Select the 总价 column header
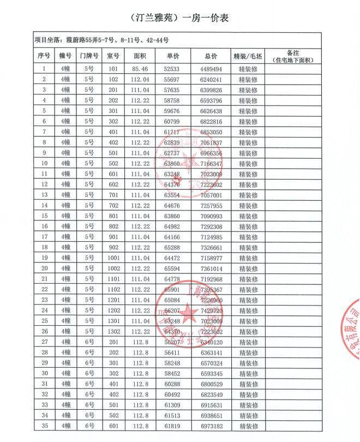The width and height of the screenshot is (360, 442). (x=211, y=56)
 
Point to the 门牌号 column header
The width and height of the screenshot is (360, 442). (x=89, y=56)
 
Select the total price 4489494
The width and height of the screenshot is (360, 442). (x=211, y=69)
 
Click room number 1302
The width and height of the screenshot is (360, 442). (x=113, y=331)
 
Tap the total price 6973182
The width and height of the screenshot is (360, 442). (x=211, y=426)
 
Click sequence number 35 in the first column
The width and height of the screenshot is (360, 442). (x=44, y=426)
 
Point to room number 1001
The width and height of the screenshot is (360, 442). (x=113, y=258)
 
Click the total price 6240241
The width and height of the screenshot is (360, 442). (x=211, y=80)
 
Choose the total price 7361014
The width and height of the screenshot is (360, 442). (x=211, y=268)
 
